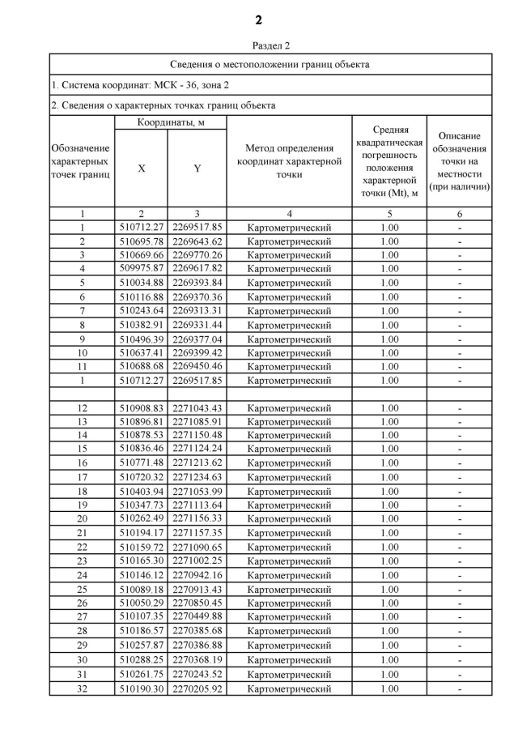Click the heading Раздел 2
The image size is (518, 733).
[x=258, y=45]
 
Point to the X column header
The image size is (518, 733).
[x=141, y=168]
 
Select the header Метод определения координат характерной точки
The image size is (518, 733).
[x=289, y=161]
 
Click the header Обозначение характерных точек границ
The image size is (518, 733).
[x=82, y=161]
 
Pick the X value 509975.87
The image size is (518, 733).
[x=141, y=268]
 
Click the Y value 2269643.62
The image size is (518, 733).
[x=197, y=241]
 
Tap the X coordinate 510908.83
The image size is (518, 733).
[x=141, y=407]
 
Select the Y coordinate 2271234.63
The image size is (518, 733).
[x=197, y=477]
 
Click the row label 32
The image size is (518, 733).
[x=82, y=688]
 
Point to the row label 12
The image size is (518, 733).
[x=82, y=407]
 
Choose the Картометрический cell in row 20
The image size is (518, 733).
[x=289, y=518]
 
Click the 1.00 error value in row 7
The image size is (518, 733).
[x=389, y=310]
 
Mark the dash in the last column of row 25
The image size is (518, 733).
[x=459, y=589]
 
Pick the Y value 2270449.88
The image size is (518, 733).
[x=197, y=616]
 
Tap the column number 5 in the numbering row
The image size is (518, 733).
[x=389, y=214]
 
